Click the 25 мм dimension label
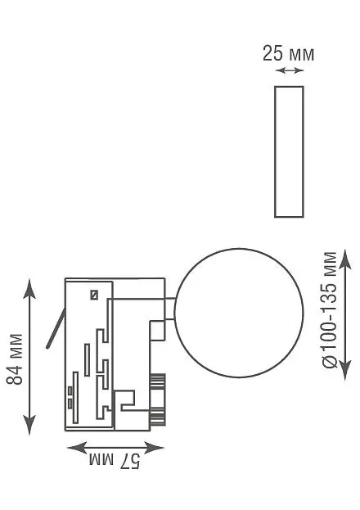[289, 54]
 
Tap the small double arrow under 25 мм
[289, 70]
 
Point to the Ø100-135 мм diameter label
[330, 309]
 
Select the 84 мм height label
[15, 359]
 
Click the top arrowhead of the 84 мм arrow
[29, 289]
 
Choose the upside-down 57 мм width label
[115, 461]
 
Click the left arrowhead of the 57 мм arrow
[78, 448]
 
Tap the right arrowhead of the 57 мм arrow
[154, 448]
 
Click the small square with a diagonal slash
[94, 295]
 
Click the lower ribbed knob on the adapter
[158, 416]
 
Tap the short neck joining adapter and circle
[169, 309]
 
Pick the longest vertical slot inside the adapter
[75, 397]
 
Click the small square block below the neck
[157, 330]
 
